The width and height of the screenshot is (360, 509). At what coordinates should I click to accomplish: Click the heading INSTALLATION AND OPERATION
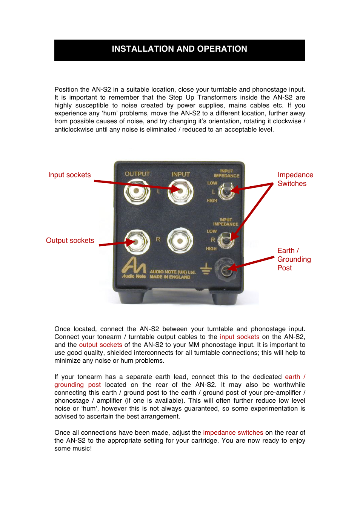[x=179, y=49]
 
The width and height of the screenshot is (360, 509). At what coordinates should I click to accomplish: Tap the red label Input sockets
[x=69, y=175]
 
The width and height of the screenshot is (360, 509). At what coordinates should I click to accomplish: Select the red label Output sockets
[x=70, y=241]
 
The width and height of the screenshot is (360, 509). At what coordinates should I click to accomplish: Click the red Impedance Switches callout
[x=295, y=179]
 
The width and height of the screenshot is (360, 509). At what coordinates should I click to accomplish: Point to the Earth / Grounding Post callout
[x=294, y=259]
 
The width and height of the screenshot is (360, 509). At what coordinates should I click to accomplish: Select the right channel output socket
[x=137, y=242]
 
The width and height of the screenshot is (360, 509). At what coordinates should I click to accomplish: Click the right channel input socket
[x=180, y=241]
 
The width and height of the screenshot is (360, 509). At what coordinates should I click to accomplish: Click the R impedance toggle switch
[x=226, y=240]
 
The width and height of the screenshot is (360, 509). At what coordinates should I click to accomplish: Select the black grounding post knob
[x=226, y=269]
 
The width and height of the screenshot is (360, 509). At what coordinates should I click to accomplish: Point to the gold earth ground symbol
[x=206, y=269]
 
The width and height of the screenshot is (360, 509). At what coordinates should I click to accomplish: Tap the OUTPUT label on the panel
[x=137, y=174]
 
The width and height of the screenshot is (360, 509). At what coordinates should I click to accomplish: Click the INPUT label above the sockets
[x=180, y=175]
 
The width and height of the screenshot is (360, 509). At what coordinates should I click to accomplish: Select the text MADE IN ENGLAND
[x=170, y=277]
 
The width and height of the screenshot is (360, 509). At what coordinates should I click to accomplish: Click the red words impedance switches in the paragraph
[x=233, y=433]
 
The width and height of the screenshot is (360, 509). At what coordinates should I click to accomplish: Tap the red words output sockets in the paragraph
[x=100, y=345]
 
